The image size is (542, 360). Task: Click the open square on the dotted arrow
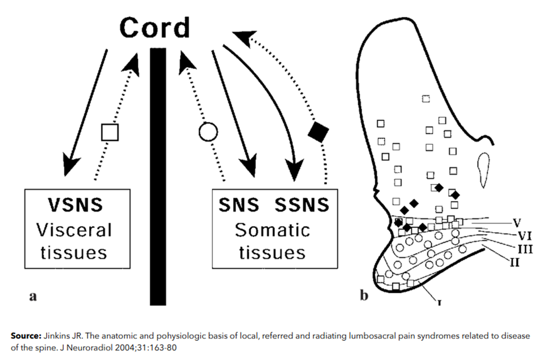[x=109, y=132]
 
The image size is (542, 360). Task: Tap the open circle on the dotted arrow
[x=208, y=132]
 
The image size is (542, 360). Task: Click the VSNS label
[x=75, y=206]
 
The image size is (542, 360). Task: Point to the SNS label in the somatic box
[x=239, y=206]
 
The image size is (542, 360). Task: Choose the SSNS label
[x=302, y=206]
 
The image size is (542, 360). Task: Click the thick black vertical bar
[x=158, y=176]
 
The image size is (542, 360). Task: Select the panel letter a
[x=32, y=297]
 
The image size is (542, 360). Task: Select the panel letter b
[x=364, y=296]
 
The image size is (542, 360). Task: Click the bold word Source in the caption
[x=25, y=337]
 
